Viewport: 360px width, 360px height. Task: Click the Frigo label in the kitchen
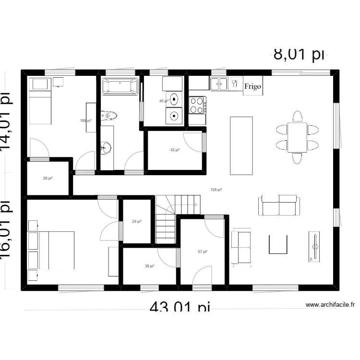click(x=253, y=86)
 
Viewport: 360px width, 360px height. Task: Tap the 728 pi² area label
click(x=216, y=190)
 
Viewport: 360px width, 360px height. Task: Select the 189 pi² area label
click(x=85, y=121)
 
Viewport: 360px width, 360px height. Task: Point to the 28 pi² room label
click(x=48, y=179)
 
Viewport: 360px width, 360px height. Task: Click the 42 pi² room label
click(x=175, y=150)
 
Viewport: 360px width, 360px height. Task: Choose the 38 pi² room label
click(x=150, y=266)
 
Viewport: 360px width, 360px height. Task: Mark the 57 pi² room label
click(x=203, y=252)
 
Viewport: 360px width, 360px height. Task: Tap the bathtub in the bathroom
click(x=120, y=87)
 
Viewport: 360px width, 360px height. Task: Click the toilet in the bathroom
click(x=109, y=116)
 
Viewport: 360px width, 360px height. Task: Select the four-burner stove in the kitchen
click(x=197, y=105)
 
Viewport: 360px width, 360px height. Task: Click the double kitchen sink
click(x=219, y=84)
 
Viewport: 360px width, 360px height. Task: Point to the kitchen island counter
click(x=241, y=145)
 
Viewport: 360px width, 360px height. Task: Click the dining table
click(x=297, y=137)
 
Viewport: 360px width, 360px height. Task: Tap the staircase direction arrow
click(x=195, y=205)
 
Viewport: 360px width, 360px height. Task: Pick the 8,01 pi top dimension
click(x=299, y=54)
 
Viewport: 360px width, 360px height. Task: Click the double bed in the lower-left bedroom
click(x=57, y=250)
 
